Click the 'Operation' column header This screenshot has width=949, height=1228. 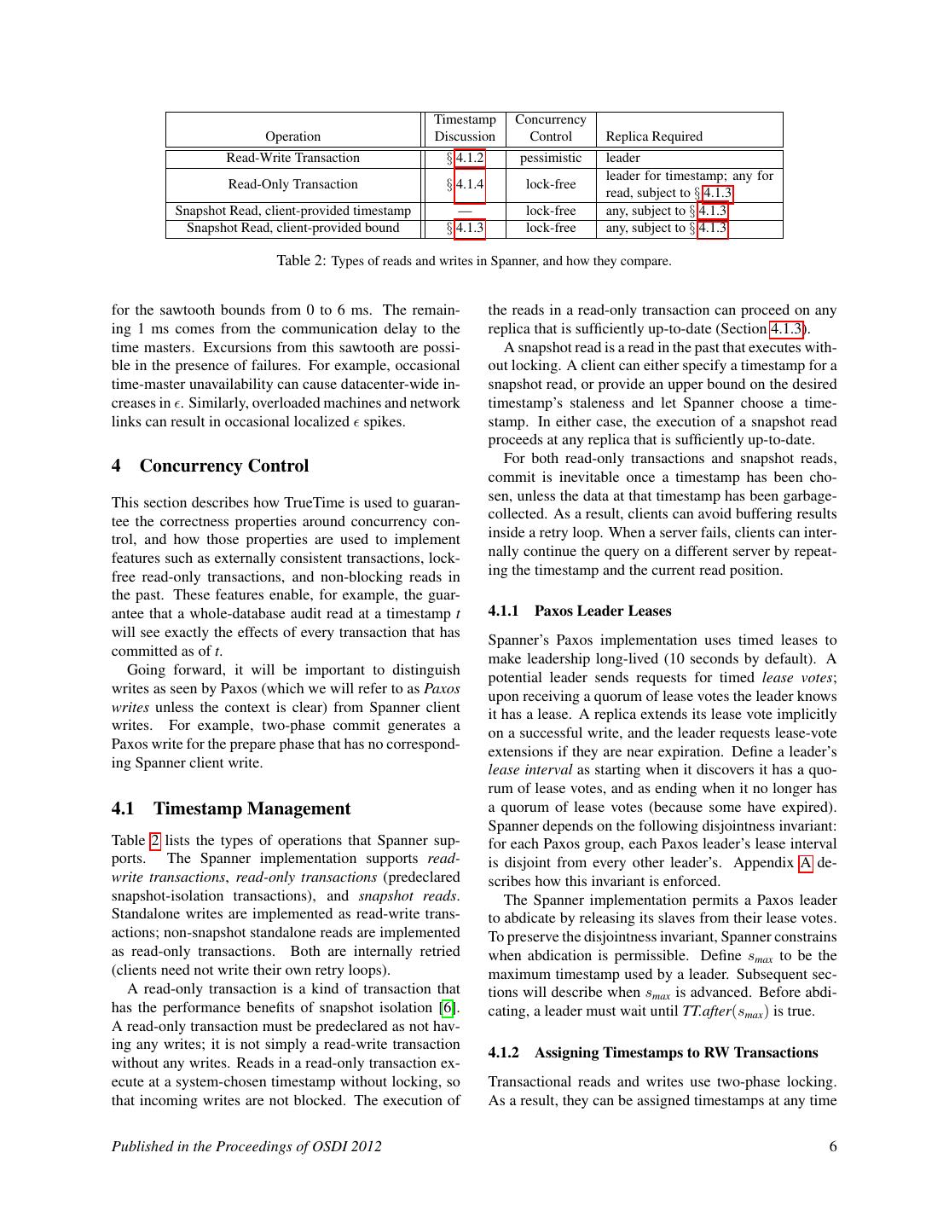click(x=292, y=136)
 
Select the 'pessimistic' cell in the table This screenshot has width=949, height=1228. click(x=551, y=158)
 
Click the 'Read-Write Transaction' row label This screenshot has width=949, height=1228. click(x=292, y=158)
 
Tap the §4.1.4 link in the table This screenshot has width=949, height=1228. click(x=469, y=184)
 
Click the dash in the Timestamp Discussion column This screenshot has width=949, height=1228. click(x=465, y=211)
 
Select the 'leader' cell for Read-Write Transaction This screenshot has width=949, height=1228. click(x=623, y=158)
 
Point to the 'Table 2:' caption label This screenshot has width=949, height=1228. click(x=301, y=260)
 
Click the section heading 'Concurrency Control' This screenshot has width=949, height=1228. click(x=223, y=466)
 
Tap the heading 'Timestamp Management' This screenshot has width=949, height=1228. click(x=252, y=808)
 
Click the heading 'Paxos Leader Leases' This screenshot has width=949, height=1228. click(x=602, y=611)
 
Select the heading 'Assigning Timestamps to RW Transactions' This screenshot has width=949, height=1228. click(x=675, y=1052)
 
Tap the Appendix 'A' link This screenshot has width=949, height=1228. click(x=805, y=863)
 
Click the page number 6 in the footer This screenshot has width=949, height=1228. click(x=832, y=1146)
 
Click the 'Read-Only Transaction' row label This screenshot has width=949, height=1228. click(x=292, y=184)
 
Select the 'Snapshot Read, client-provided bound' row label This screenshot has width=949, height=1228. click(x=292, y=228)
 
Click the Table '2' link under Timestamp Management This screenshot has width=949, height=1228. click(x=154, y=841)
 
